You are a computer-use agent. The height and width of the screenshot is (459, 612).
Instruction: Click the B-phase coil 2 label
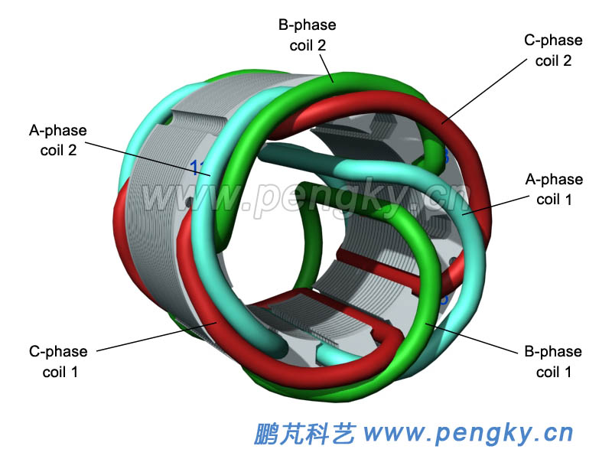coord(307,34)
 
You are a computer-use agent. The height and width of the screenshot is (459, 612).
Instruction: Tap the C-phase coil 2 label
coord(553,50)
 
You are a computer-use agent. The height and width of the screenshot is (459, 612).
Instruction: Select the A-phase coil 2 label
coord(57,140)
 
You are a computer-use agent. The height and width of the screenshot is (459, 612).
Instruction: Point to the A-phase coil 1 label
coord(554,189)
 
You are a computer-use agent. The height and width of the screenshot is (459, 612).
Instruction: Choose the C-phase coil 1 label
coord(58,362)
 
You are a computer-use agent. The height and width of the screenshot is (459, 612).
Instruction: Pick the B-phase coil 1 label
coord(553,362)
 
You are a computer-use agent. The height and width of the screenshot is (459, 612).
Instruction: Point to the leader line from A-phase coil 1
coord(497,203)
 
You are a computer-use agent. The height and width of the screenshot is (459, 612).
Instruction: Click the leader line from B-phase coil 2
coord(321,65)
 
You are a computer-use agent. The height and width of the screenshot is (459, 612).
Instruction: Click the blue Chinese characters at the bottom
coord(304,433)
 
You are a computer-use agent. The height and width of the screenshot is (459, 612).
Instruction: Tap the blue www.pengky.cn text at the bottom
coord(468,433)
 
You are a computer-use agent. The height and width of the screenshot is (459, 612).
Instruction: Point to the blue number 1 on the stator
coord(194,168)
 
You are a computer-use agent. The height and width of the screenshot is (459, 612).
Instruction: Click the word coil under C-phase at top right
coord(545,60)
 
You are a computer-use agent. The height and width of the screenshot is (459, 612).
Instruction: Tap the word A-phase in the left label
coord(58,130)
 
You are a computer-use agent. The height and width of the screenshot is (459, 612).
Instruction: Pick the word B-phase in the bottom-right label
coord(553,352)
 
